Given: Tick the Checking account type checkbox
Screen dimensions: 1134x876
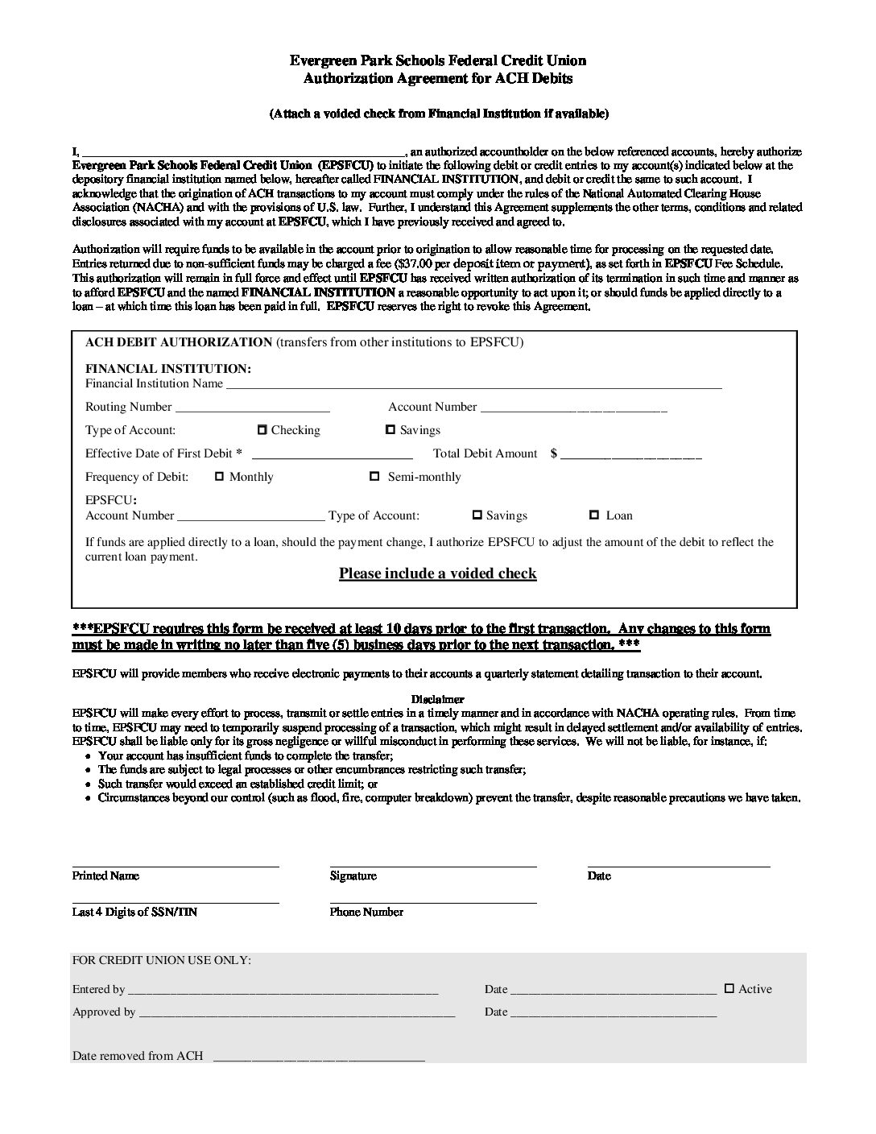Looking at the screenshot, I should point(262,430).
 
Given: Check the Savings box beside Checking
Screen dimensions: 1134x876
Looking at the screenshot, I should point(390,430).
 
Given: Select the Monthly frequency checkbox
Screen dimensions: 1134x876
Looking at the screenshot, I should point(219,477).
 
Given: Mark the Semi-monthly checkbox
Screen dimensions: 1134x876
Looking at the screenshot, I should point(374,477).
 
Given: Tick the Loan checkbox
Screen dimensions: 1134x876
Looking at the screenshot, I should point(594,515).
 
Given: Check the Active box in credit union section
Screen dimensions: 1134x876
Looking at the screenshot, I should point(729,988).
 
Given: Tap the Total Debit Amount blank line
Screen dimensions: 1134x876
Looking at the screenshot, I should point(631,456).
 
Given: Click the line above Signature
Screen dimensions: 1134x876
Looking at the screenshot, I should point(433,866).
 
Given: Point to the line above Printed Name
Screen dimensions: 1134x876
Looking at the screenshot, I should point(176,866).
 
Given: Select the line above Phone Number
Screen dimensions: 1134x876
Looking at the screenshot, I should point(433,902).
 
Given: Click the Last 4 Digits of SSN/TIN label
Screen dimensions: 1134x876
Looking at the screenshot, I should point(134,913).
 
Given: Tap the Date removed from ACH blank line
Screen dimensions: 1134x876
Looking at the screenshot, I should point(318,1058).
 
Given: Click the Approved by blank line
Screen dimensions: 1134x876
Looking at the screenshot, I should point(297,1015).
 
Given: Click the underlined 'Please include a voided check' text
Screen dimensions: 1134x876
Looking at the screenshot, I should point(437,573).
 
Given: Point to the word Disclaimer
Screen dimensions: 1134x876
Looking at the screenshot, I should point(437,700).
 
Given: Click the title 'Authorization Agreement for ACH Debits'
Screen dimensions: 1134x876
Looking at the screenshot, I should point(438,78).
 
